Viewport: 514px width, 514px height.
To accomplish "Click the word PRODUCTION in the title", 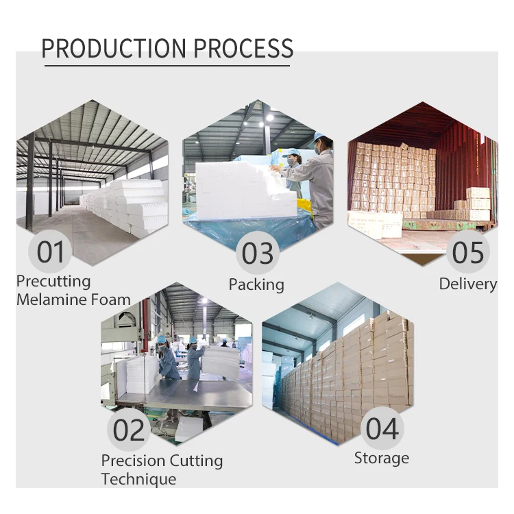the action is point(113,49).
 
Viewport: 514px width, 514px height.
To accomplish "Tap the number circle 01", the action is point(50,252).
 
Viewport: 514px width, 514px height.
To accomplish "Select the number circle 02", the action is point(129,430).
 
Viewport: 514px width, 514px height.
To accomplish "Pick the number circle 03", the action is point(258,253).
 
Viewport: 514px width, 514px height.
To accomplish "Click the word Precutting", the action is point(53,282).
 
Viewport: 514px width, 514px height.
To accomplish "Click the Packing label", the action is point(256,284).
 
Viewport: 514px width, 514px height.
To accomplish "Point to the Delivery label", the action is point(468,284).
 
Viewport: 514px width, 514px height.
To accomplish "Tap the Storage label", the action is point(381,458).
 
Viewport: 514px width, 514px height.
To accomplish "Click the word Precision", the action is point(134,461).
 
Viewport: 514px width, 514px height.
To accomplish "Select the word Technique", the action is point(138,479).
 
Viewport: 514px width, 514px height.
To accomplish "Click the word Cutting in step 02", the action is point(197,461).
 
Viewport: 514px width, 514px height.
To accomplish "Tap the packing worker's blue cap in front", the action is point(292,152).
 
